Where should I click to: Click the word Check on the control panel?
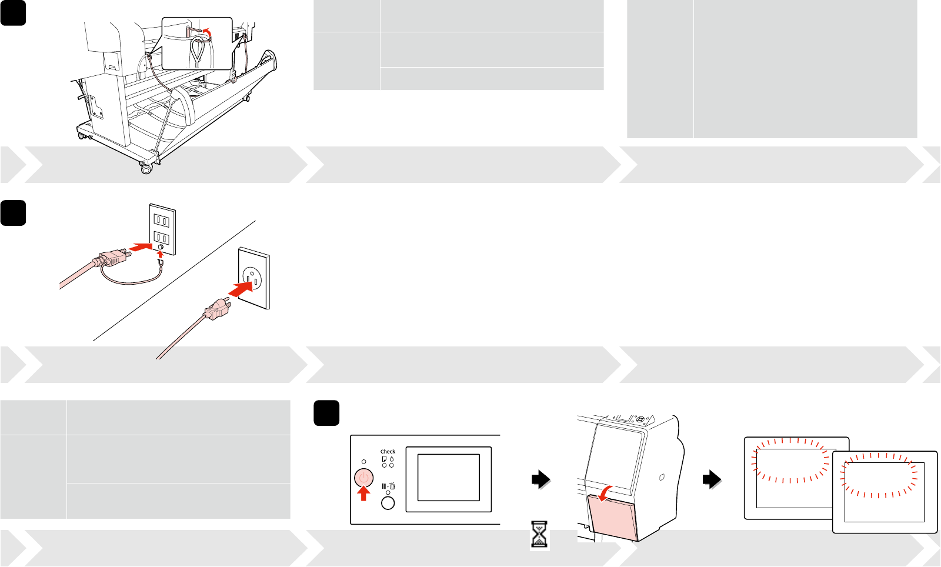[388, 452]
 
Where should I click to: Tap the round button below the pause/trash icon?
[388, 503]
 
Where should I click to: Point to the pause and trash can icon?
[388, 486]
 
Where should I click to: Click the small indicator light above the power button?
[363, 462]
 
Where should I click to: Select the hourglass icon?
[539, 535]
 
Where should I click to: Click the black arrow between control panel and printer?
[540, 480]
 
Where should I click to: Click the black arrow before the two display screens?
[712, 480]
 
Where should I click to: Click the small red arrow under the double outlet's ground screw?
[162, 254]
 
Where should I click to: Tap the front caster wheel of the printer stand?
[145, 169]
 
